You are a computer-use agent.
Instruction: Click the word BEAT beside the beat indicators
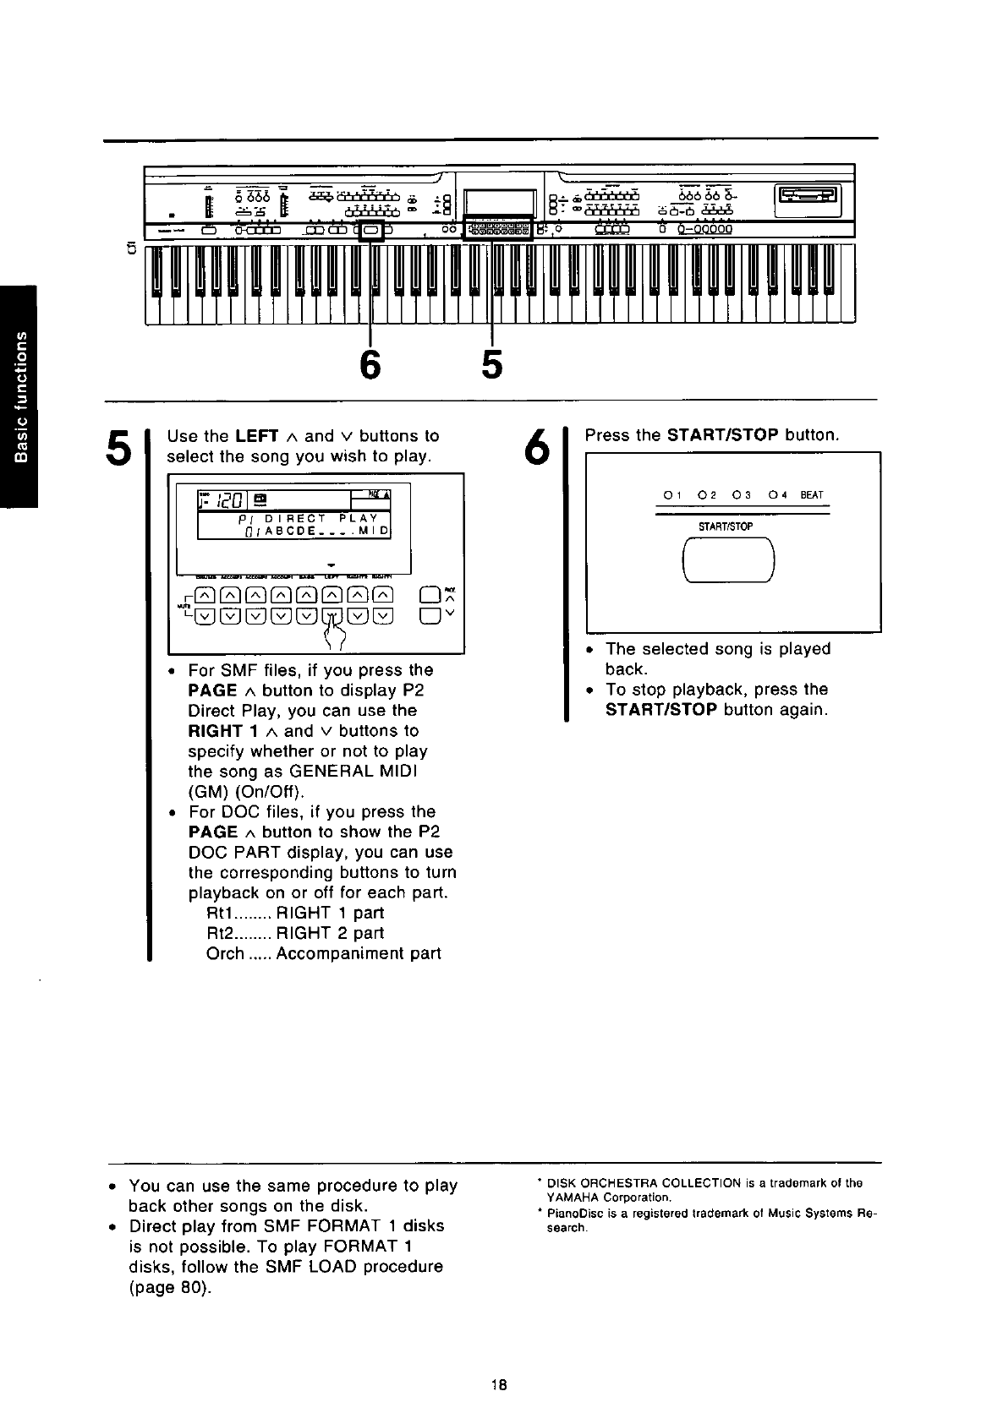811,495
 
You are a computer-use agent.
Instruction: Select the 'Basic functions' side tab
19,397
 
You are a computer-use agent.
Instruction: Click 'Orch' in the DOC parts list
224,954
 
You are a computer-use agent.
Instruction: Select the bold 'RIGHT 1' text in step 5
216,731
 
